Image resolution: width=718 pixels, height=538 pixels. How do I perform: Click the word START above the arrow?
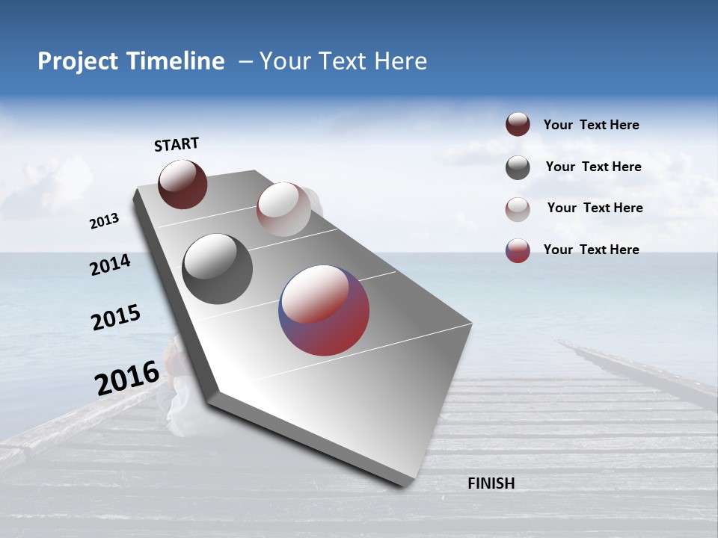click(x=177, y=144)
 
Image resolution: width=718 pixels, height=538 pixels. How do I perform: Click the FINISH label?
click(x=491, y=483)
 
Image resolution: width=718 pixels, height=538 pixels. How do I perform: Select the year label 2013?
click(x=104, y=221)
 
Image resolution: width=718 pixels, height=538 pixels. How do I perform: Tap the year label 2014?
click(x=110, y=265)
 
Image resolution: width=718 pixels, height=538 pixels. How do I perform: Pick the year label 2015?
click(x=115, y=318)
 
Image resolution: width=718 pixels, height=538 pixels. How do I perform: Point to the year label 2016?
click(x=127, y=378)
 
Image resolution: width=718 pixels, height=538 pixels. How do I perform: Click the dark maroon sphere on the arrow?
click(x=182, y=184)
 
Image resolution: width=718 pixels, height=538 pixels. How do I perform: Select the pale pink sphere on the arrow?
click(x=283, y=209)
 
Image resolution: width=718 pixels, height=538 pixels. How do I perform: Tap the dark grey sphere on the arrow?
click(x=218, y=269)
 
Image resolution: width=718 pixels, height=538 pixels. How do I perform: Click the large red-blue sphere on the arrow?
click(x=324, y=310)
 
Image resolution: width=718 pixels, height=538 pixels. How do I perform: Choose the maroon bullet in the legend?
click(x=518, y=124)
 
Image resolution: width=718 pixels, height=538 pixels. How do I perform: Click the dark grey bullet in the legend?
click(x=518, y=167)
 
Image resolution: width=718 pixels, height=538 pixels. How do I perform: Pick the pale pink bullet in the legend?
click(x=518, y=208)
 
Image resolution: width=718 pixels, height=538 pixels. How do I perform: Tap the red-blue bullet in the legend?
click(x=518, y=250)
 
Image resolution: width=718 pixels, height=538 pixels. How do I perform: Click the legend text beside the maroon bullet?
click(x=591, y=125)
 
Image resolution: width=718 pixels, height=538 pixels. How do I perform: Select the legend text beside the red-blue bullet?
click(x=591, y=250)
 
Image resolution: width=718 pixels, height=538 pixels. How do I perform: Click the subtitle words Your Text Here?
click(x=343, y=61)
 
